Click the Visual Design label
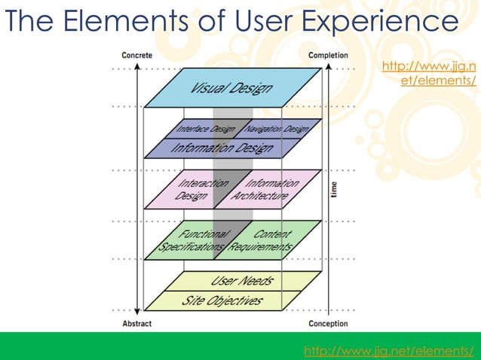231,88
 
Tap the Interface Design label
206,130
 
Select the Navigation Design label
277,130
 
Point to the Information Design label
222,148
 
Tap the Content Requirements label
263,240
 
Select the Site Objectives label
223,301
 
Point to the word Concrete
136,56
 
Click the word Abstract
136,324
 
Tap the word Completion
328,56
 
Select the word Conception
328,324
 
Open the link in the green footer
389,350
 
